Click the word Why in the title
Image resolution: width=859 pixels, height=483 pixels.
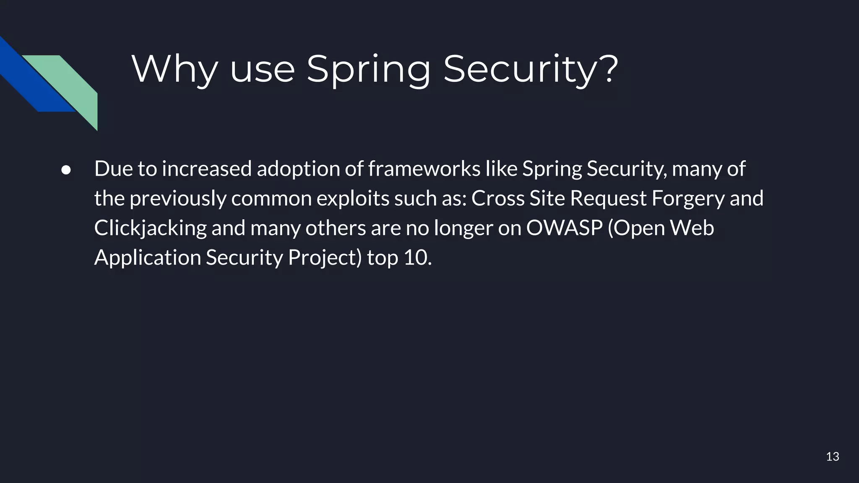click(x=174, y=69)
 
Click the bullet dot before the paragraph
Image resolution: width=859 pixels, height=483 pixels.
click(x=66, y=170)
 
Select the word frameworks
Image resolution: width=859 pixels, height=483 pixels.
click(x=424, y=169)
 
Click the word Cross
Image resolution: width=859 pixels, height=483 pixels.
click(x=498, y=198)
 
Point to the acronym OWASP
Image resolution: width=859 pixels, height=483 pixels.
click(x=564, y=228)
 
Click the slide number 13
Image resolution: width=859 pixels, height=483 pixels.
click(x=833, y=457)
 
